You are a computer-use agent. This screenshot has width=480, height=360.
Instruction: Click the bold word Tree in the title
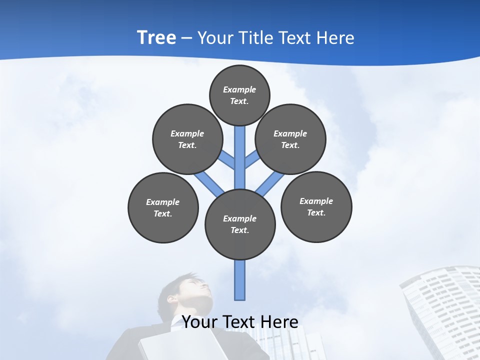[156, 37]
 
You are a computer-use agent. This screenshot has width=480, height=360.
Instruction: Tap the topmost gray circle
[239, 95]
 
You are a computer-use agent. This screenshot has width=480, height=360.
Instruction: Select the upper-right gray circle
[290, 139]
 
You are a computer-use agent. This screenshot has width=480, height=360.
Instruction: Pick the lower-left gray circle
[163, 207]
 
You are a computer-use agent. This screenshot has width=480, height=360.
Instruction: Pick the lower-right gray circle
[316, 206]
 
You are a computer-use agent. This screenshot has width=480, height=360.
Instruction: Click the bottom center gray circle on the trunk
[240, 224]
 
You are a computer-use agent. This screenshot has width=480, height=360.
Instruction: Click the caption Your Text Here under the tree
[240, 321]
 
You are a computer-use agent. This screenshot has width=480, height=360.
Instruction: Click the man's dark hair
[172, 285]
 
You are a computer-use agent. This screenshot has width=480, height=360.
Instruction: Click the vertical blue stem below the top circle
[240, 155]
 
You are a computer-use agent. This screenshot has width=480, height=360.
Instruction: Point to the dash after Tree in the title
[186, 38]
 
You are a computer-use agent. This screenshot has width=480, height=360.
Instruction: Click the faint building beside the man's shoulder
[290, 345]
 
